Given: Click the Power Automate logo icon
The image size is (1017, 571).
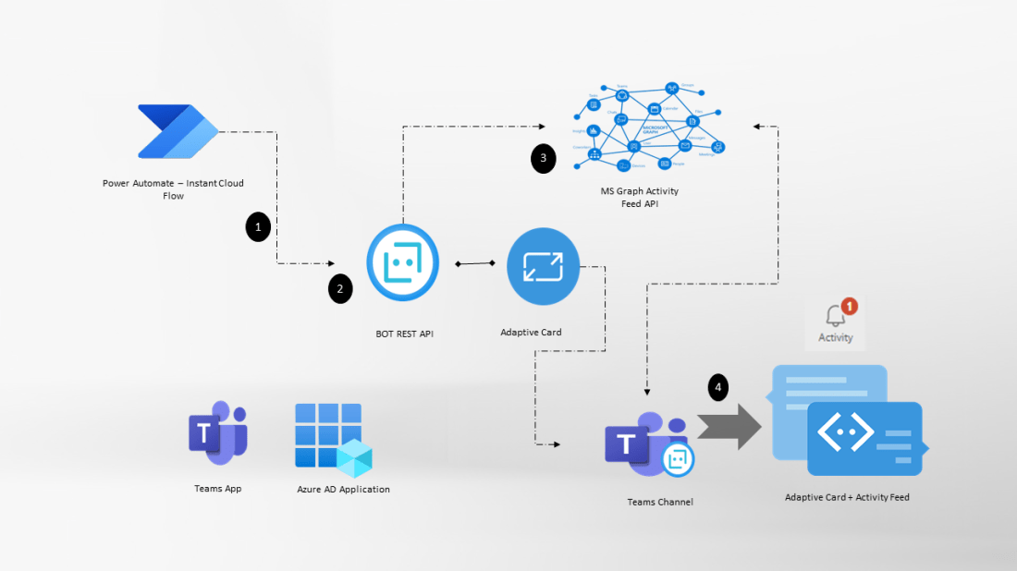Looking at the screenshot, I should pyautogui.click(x=178, y=132).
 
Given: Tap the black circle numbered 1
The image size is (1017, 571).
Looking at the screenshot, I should pyautogui.click(x=258, y=226).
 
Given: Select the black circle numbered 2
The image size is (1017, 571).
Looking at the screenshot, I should pyautogui.click(x=340, y=289).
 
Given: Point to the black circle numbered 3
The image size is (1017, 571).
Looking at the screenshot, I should pyautogui.click(x=544, y=158).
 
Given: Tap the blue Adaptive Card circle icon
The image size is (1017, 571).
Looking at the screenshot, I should pyautogui.click(x=543, y=266).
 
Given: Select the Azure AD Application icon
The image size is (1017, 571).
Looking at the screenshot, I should pyautogui.click(x=333, y=436).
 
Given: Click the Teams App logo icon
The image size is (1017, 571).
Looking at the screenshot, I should pyautogui.click(x=217, y=432).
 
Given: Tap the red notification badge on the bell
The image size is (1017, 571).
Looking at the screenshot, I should pyautogui.click(x=850, y=306).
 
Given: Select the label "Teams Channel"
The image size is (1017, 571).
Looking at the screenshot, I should pyautogui.click(x=659, y=502).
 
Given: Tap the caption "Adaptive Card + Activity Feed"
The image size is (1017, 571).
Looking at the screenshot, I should pyautogui.click(x=847, y=497).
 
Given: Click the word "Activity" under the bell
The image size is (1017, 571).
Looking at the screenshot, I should pyautogui.click(x=836, y=337).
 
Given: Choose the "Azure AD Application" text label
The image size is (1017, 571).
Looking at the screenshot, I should pyautogui.click(x=343, y=489).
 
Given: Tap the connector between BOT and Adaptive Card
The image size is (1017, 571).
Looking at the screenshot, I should pyautogui.click(x=475, y=264).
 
